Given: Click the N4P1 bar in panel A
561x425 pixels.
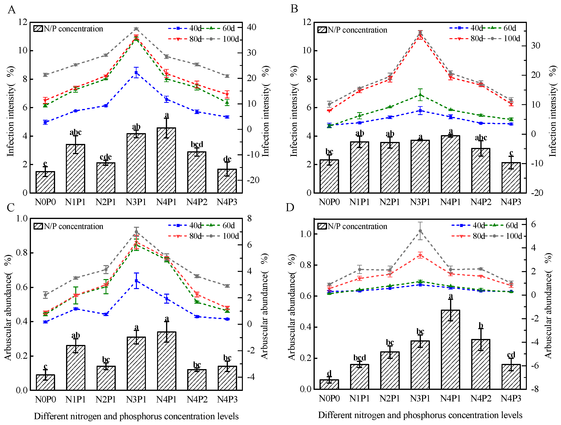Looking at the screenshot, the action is point(166,160).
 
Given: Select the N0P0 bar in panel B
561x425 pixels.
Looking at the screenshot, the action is point(329,176).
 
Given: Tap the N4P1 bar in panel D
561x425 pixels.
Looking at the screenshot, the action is point(450,349).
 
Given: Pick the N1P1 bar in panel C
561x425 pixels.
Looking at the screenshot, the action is point(76,368).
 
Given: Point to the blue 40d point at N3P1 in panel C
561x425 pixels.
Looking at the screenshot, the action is point(137,281).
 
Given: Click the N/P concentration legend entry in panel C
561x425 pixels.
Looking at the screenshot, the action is point(68,226).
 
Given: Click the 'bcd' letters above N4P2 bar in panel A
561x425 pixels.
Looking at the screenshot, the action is point(197,144).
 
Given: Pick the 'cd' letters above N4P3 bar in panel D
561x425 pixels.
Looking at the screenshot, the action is point(511,355).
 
